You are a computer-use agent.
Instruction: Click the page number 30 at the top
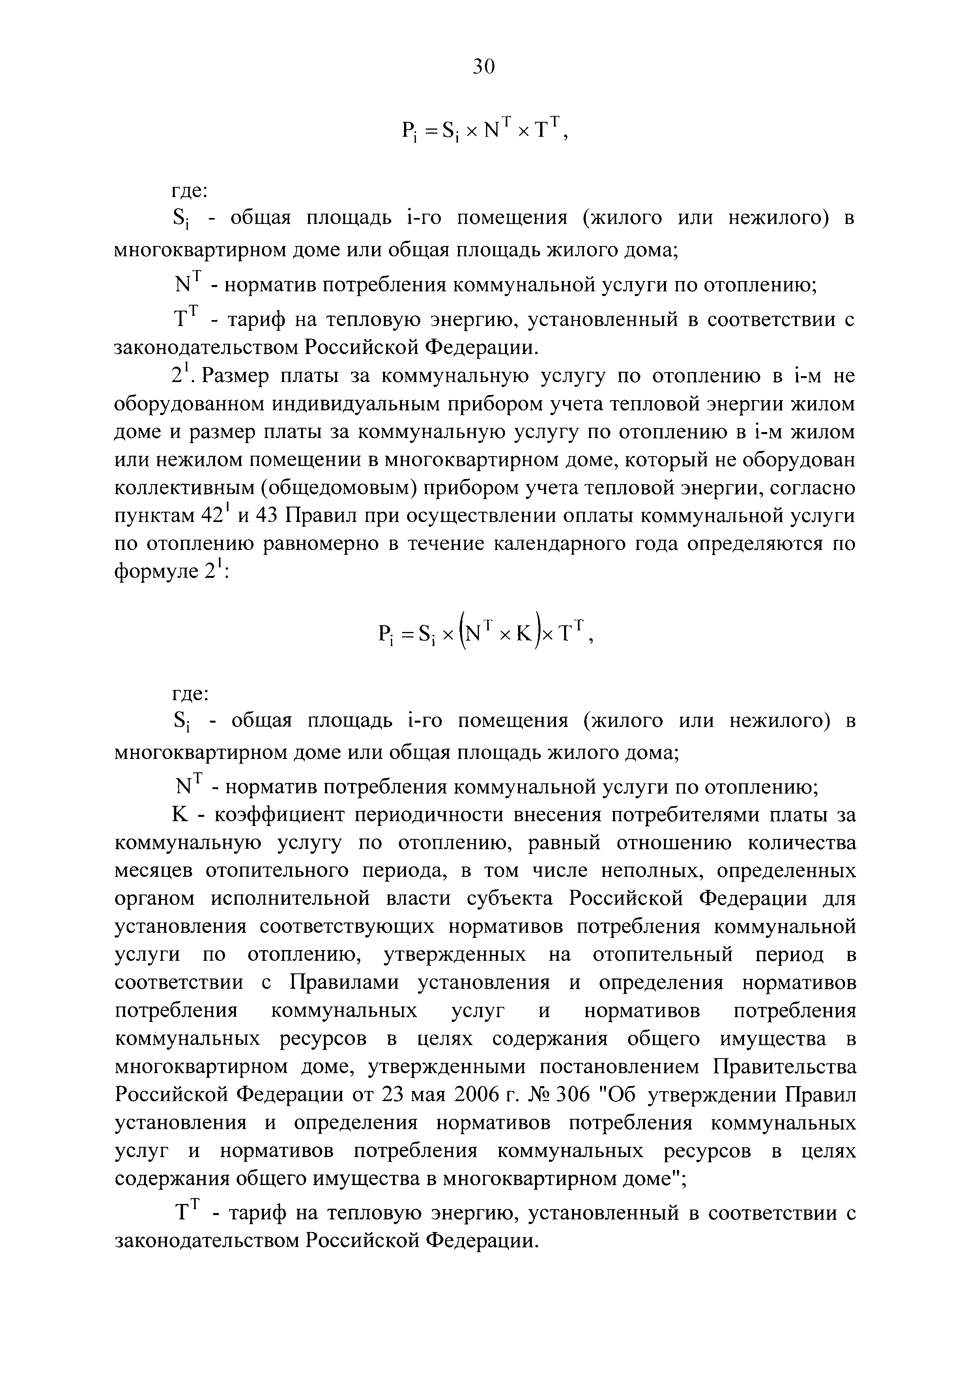coord(483,66)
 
